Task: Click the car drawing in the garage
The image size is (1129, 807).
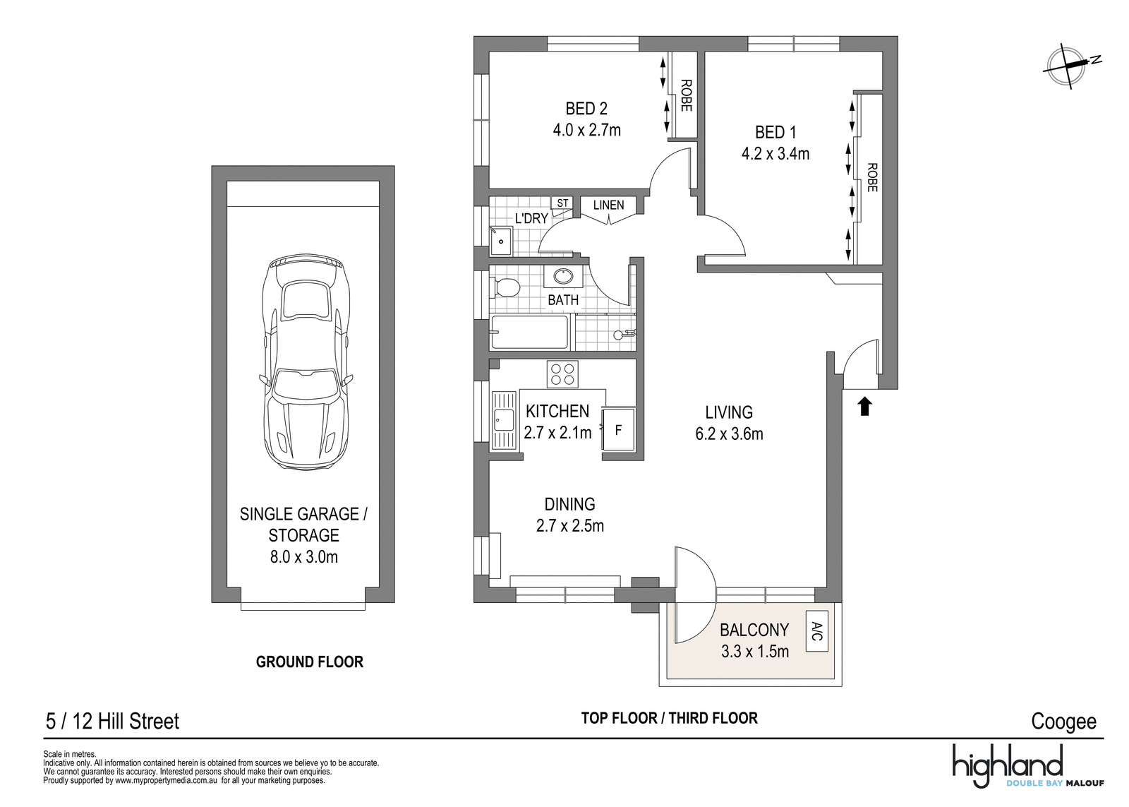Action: (306, 363)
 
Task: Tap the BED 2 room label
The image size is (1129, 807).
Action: (586, 109)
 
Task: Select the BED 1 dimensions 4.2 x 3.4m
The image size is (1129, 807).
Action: (775, 153)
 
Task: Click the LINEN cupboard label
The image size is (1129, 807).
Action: (608, 205)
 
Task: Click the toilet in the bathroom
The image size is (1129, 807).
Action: (505, 288)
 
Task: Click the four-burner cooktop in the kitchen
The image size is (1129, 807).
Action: (562, 374)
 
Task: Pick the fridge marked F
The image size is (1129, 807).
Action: (618, 430)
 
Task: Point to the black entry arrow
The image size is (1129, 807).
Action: (865, 406)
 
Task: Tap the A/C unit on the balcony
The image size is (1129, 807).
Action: (817, 631)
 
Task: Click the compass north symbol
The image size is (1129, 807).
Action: (1065, 66)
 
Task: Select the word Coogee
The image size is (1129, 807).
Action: (1063, 722)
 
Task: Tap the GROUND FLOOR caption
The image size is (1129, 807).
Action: (310, 662)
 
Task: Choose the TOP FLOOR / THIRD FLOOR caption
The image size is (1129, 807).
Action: (670, 718)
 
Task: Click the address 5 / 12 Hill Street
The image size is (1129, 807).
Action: (112, 722)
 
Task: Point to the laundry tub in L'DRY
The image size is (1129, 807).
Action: (501, 241)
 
